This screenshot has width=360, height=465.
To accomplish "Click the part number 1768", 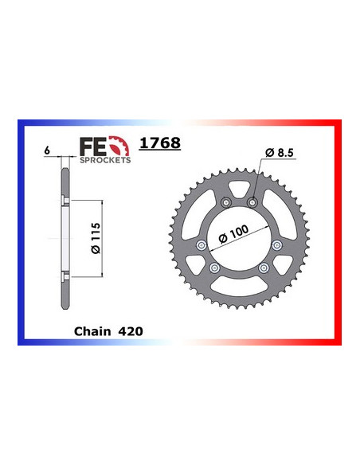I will coord(159,145).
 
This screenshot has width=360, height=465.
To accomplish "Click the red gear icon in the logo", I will coord(116,146).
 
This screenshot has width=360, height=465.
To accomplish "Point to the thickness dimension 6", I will coord(48,150).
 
